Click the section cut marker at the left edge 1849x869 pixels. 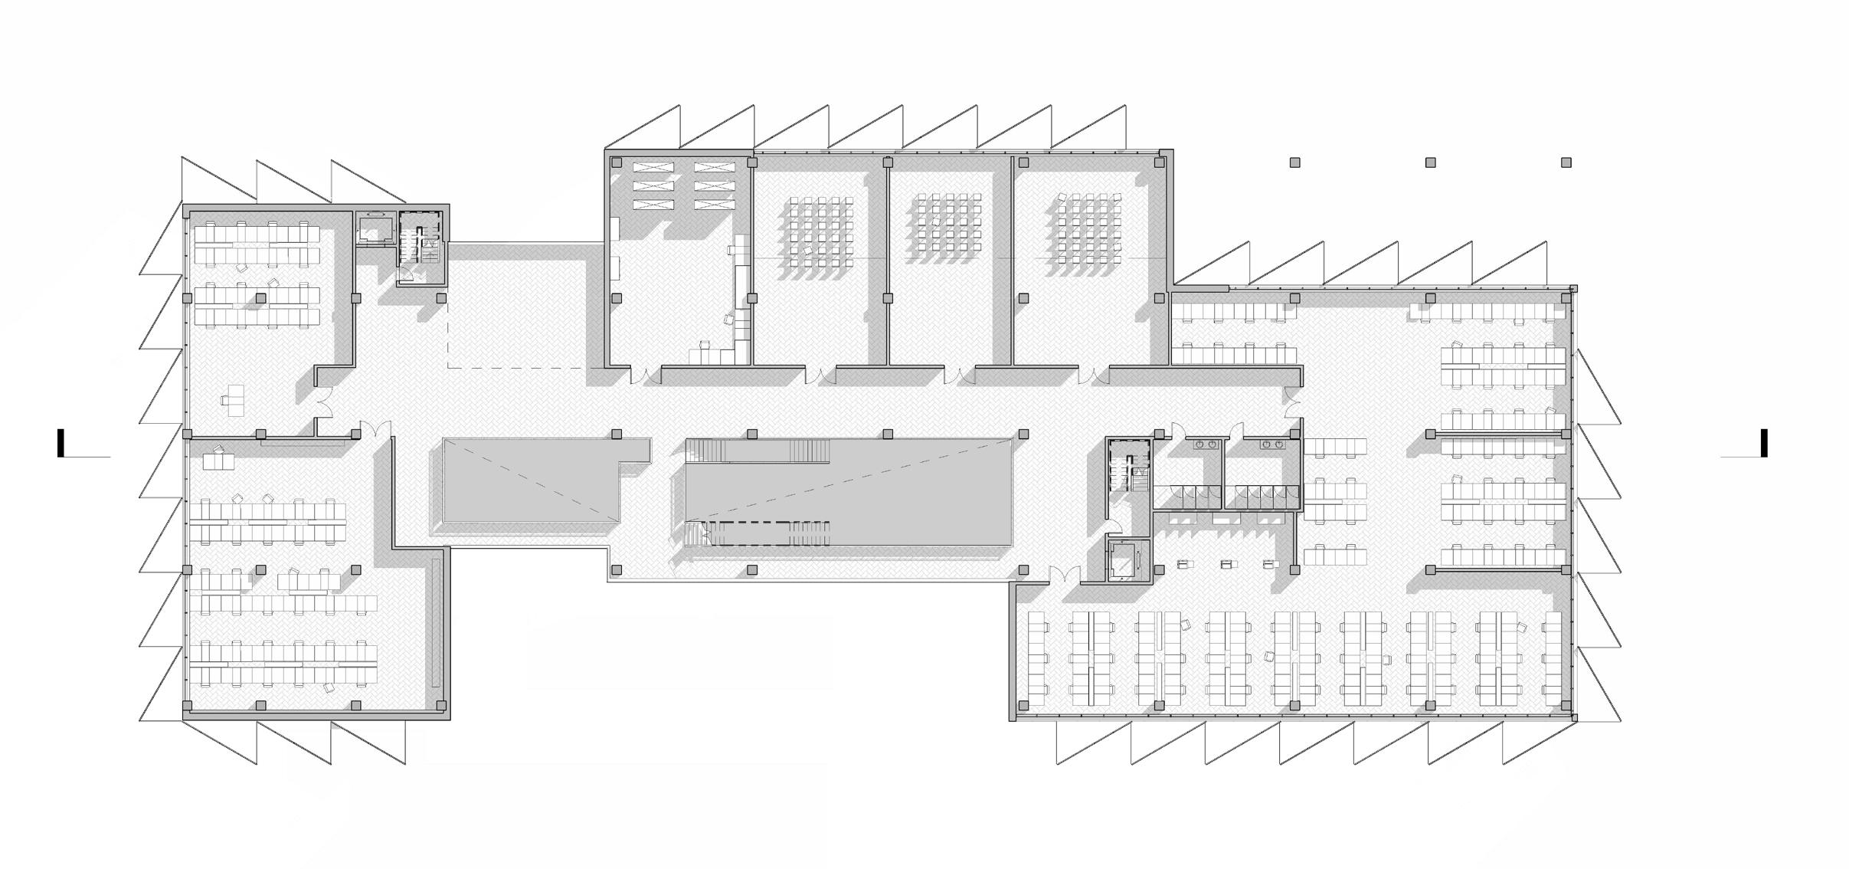point(61,443)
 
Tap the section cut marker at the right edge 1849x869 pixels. point(1764,443)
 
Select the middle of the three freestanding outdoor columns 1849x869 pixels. point(1429,162)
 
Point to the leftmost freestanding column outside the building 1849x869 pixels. point(1294,162)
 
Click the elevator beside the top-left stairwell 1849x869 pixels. point(374,228)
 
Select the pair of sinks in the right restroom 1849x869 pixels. point(1274,444)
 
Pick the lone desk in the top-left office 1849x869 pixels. point(234,399)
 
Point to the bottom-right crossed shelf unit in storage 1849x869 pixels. point(714,205)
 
